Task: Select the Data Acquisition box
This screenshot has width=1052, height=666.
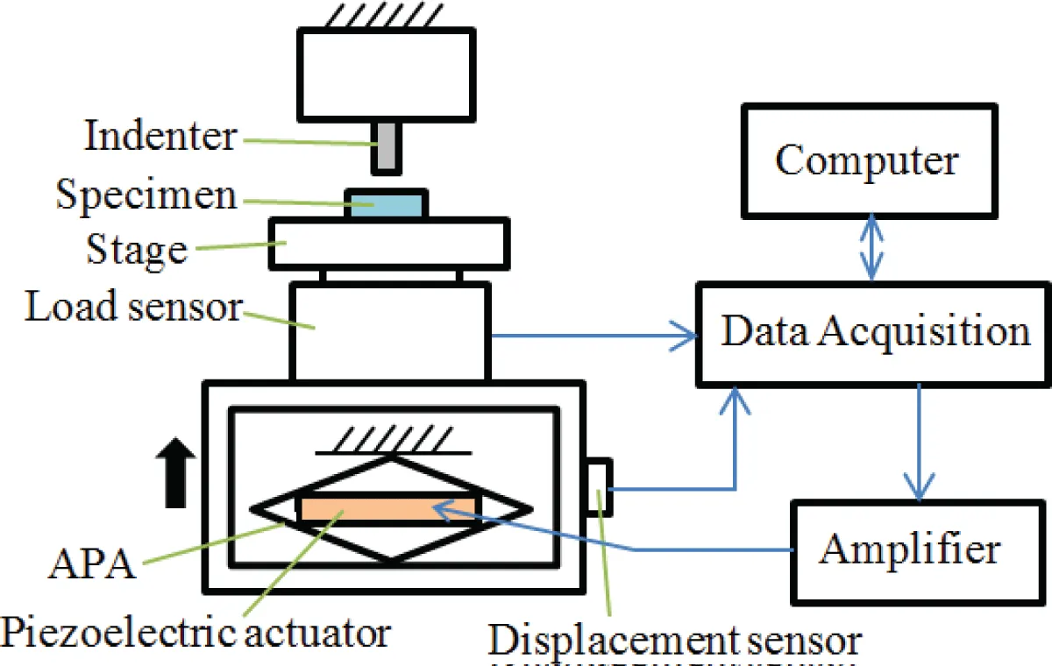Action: tap(873, 334)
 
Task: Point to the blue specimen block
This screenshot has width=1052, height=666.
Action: tap(387, 204)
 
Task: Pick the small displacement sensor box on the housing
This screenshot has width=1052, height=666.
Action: tap(601, 487)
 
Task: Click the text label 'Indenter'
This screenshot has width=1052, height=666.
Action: tap(160, 138)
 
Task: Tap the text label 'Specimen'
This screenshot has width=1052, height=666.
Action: tap(146, 195)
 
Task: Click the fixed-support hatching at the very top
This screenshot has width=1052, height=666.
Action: tap(386, 13)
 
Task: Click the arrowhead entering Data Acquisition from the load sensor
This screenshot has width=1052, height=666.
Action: tap(683, 334)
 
